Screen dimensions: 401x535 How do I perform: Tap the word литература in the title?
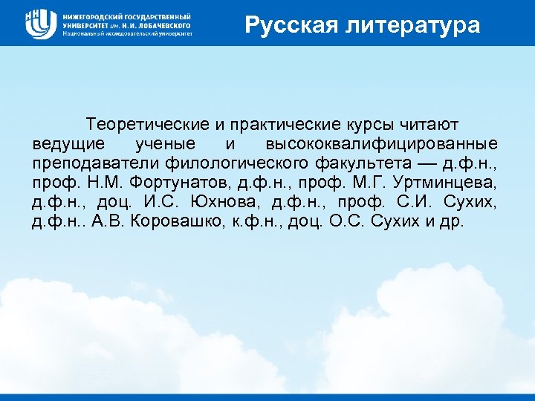[x=417, y=26]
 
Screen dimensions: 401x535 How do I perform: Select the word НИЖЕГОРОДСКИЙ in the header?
[x=96, y=16]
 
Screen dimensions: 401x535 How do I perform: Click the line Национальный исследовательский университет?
[x=127, y=34]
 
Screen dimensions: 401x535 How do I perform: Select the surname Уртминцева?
[x=441, y=183]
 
